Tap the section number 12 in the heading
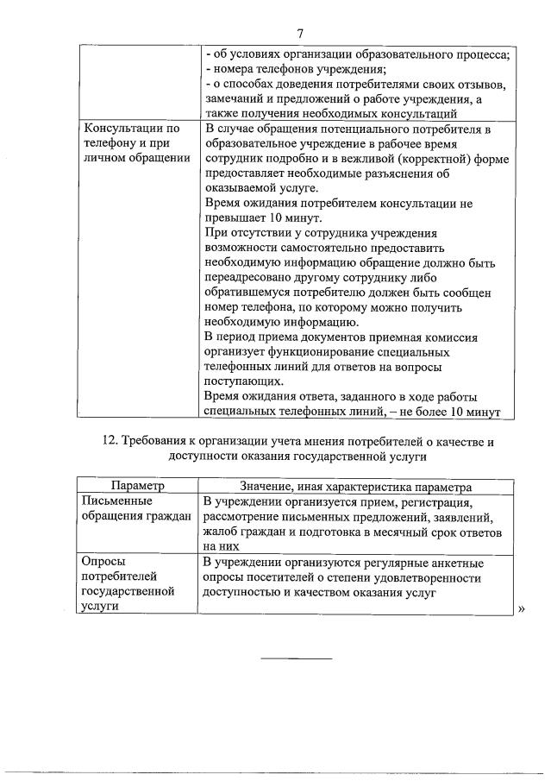click(110, 442)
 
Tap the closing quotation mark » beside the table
click(520, 609)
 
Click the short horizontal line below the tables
click(296, 658)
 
